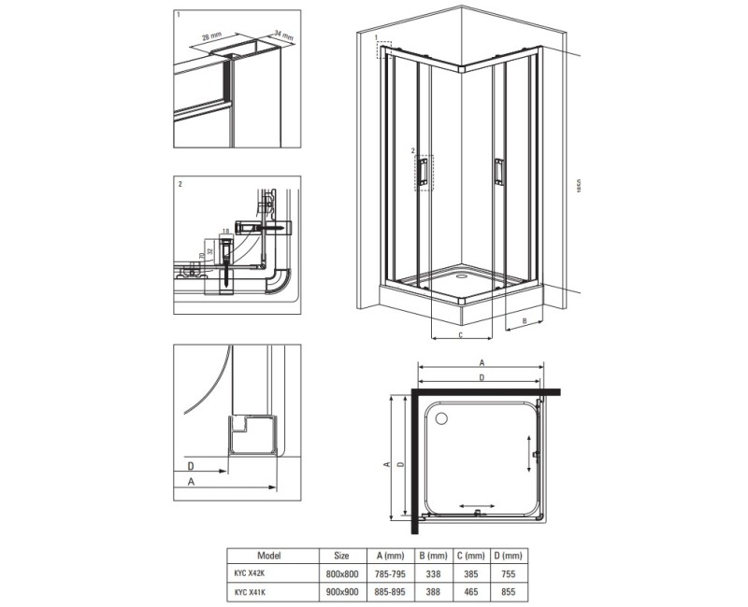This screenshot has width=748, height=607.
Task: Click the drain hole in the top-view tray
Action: click(x=439, y=416)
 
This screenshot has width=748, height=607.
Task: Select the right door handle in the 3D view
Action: click(x=498, y=170)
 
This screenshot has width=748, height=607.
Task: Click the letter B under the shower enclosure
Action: click(x=525, y=320)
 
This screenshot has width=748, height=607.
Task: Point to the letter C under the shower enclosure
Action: click(x=461, y=333)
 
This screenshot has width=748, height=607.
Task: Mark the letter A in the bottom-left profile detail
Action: click(x=192, y=482)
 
